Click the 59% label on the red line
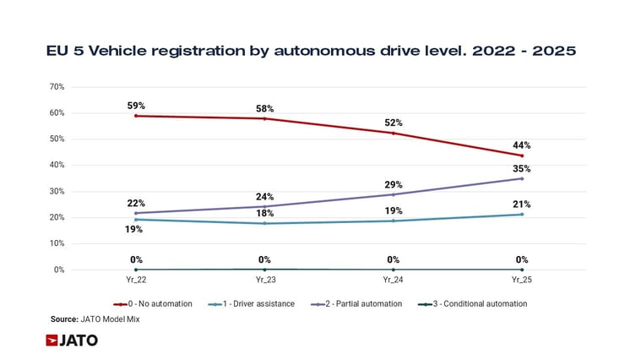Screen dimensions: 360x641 [137, 106]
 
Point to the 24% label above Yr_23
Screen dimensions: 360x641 [264, 196]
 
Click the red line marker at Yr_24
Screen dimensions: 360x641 [393, 133]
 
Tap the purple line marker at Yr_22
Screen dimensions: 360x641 [136, 213]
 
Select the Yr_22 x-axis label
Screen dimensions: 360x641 [136, 278]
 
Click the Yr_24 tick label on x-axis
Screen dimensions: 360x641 [393, 278]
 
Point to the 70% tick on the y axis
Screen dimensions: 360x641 [57, 87]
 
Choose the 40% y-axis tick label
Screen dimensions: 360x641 [57, 166]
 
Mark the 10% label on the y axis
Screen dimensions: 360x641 [57, 243]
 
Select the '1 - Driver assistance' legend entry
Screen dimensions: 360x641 [253, 303]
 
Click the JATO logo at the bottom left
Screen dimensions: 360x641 [72, 341]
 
